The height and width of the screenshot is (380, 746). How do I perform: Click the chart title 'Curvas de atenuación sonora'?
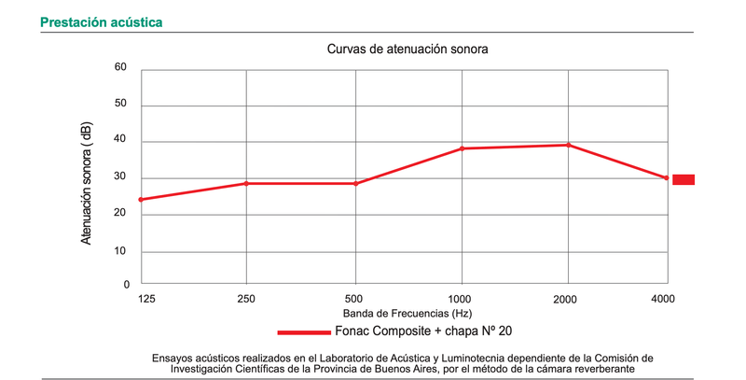coord(408,48)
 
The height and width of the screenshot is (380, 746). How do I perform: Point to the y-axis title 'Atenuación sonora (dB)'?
coord(87,185)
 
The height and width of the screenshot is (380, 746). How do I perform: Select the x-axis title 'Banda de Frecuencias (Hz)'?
coord(407,313)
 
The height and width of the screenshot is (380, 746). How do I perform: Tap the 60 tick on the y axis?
coord(120,67)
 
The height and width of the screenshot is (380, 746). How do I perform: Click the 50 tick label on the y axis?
coord(120,105)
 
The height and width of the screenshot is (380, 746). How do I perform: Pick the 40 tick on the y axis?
coord(120,141)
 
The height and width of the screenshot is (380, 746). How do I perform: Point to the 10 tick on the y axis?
coord(120,251)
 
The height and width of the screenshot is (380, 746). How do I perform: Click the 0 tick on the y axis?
coord(124,283)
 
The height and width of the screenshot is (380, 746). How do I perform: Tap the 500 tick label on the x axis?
coord(352,298)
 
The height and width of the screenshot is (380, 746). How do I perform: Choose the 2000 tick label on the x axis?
coord(566,298)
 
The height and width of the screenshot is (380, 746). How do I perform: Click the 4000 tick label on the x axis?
coord(664,298)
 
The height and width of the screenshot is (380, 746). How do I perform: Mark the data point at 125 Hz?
coord(141,199)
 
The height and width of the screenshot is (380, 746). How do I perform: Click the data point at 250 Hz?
coord(246,183)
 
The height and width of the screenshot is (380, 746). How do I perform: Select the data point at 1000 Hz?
coord(461,148)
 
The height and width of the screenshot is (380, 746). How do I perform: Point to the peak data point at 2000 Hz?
coord(567,145)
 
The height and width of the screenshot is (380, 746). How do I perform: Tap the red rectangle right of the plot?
coord(684,179)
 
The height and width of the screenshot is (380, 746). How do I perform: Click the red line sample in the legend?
coord(304,331)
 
